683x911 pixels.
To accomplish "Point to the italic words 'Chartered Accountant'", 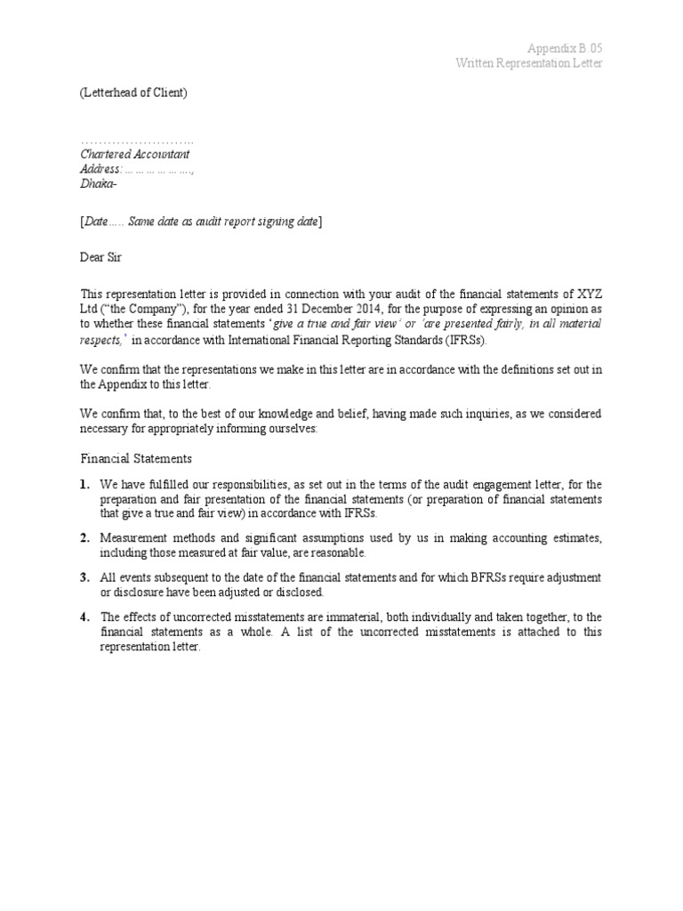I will coord(135,154).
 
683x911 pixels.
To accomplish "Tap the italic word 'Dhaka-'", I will coord(99,183).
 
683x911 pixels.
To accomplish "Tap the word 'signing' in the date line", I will coord(274,221).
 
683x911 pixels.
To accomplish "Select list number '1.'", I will coord(84,485).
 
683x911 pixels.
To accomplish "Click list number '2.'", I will coord(84,538).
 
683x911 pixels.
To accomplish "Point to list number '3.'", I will coord(84,577).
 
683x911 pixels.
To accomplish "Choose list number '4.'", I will coord(84,617).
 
